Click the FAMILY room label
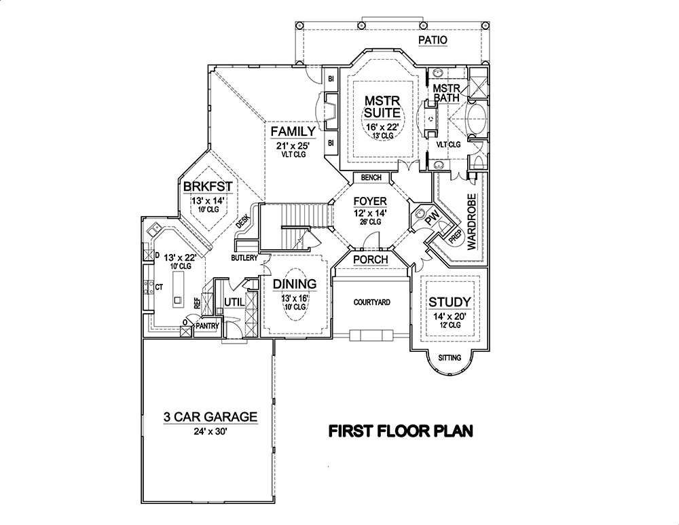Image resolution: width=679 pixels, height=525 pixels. (293, 131)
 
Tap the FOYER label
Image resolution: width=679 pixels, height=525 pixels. (369, 202)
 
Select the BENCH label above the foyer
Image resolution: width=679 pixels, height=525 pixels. (371, 178)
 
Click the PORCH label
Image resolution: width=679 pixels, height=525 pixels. (370, 259)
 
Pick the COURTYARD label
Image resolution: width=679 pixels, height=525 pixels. (370, 302)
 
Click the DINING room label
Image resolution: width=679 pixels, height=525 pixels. (295, 284)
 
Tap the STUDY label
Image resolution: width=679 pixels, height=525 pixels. (450, 302)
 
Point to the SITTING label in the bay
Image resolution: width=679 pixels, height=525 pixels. (449, 357)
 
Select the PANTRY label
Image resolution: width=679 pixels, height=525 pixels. (206, 326)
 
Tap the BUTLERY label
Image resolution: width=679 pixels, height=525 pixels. (244, 258)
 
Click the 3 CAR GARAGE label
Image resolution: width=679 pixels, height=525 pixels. (209, 416)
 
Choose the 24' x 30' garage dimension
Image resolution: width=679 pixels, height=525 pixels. (209, 431)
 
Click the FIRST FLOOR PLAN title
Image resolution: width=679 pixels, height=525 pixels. (401, 431)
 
